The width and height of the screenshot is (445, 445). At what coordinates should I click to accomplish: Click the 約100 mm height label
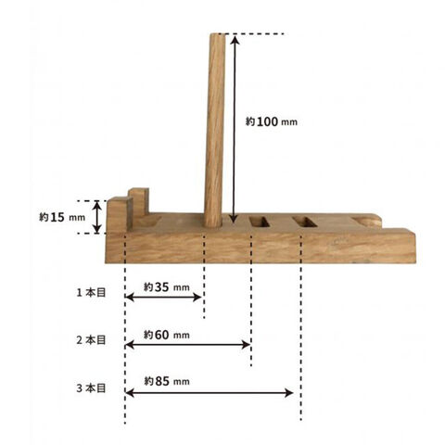[272, 121]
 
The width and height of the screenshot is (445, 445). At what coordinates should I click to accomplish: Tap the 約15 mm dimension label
[62, 217]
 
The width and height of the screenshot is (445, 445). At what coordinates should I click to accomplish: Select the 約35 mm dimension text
[166, 287]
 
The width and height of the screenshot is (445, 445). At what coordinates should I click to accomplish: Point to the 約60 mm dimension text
[167, 335]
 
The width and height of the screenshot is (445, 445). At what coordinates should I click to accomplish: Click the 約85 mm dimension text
[167, 381]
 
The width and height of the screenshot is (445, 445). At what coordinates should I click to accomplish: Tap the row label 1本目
[91, 292]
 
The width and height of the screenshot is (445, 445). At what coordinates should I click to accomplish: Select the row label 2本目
[91, 340]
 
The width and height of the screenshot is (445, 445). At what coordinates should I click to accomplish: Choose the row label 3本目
[91, 388]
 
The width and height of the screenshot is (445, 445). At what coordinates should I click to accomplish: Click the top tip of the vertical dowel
[218, 33]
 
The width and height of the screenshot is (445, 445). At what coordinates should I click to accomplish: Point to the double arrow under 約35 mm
[164, 298]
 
